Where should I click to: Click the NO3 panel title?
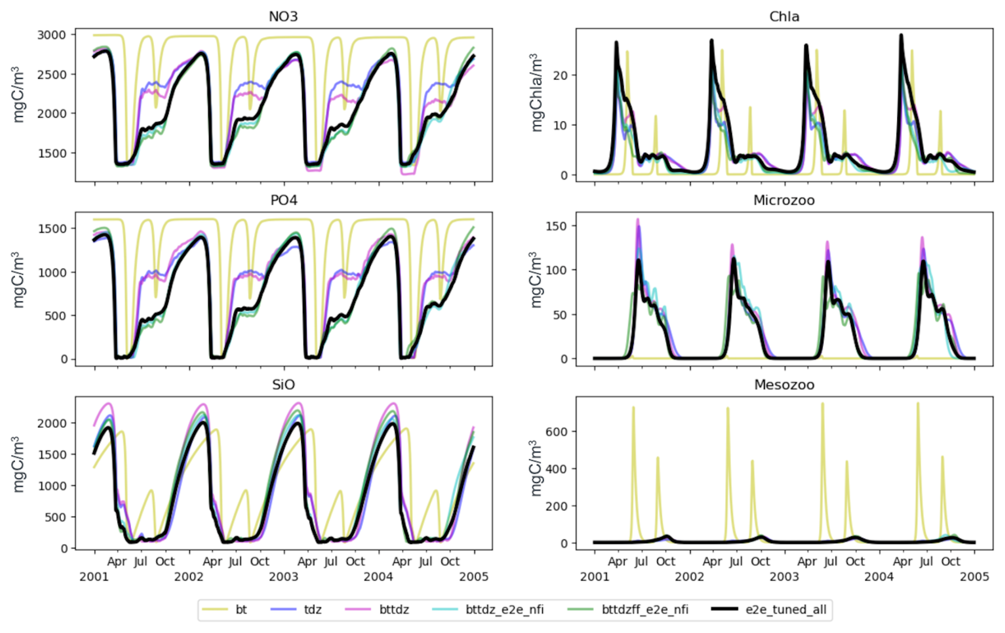click(283, 16)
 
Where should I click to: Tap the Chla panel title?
click(784, 16)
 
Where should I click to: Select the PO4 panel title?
click(284, 200)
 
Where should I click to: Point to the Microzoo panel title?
click(784, 200)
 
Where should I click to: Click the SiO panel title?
click(283, 385)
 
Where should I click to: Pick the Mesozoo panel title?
click(784, 385)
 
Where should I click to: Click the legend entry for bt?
click(225, 610)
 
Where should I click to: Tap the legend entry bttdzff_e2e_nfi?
click(628, 610)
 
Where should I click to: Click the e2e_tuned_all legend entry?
click(770, 610)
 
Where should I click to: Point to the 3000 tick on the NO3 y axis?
click(52, 35)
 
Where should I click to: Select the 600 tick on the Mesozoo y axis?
click(556, 432)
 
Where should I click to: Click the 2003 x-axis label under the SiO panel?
click(284, 577)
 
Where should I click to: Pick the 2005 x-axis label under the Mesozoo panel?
click(975, 577)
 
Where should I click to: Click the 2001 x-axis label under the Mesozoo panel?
click(595, 577)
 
